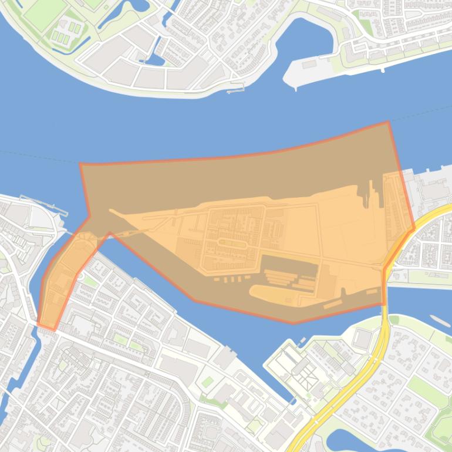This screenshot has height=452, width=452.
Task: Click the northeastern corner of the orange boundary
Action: tap(388, 122)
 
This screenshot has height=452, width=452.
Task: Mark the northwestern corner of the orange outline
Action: tap(80, 164)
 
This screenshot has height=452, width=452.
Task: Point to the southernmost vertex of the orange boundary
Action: tap(294, 323)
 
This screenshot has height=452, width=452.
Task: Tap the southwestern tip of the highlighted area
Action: tap(39, 324)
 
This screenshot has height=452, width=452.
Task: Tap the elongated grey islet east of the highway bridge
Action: tap(440, 321)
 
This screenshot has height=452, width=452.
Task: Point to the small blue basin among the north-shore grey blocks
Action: tap(156, 59)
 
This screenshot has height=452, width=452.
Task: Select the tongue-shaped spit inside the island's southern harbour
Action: tap(276, 294)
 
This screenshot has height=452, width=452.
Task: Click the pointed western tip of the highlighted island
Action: tap(110, 210)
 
